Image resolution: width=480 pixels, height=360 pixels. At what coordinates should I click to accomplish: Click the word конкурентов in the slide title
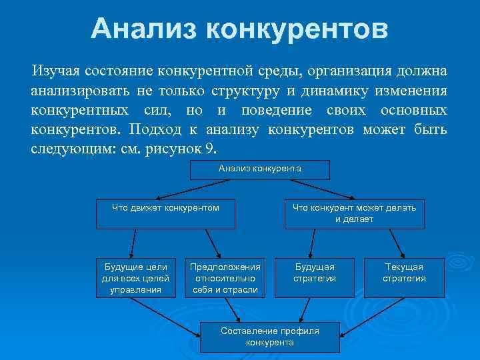point(296,29)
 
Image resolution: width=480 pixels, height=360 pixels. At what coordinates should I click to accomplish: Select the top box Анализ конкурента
point(259,169)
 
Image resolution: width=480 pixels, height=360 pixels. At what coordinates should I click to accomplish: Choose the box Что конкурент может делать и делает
point(354,213)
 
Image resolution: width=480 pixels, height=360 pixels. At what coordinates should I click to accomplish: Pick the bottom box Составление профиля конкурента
point(269,336)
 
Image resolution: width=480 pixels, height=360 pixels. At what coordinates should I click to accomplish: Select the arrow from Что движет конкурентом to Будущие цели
point(134,243)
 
